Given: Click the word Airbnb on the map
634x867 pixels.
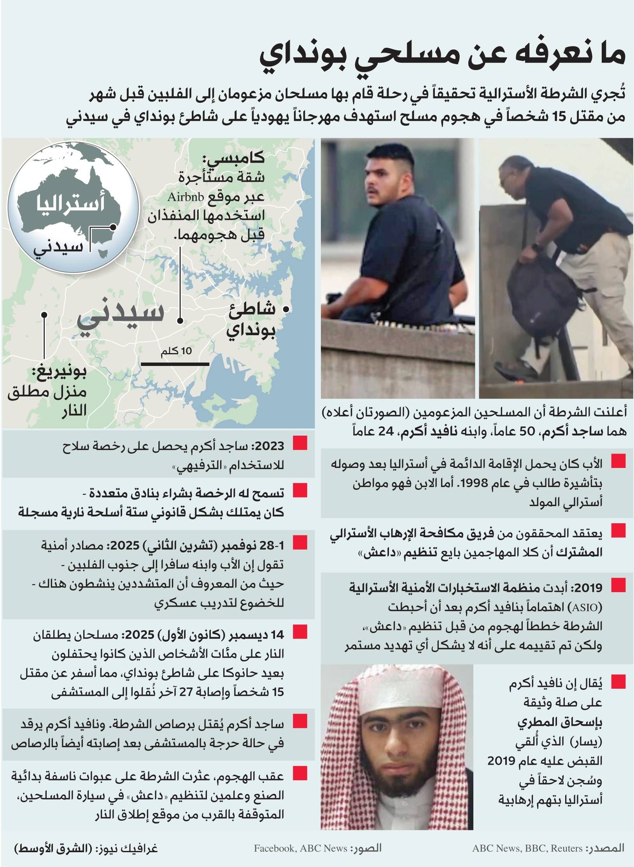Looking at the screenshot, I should [186, 197].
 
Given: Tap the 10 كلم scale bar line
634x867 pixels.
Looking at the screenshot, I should [175, 364].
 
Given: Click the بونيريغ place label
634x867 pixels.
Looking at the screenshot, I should [59, 373].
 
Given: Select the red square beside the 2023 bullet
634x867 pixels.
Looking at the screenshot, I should [300, 443].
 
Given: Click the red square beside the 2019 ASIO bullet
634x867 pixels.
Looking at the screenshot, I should [618, 585].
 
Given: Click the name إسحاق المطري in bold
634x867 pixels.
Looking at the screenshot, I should [560, 722].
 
